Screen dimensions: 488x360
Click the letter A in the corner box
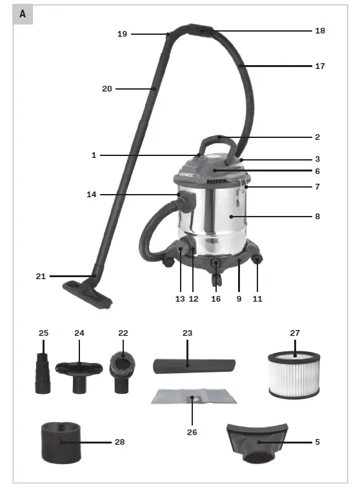coord(23,14)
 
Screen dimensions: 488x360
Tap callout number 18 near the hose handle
coord(320,30)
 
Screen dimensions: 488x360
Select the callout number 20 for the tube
coord(106,88)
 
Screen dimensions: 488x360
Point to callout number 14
coord(92,194)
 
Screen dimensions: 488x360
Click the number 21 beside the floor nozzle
coord(41,277)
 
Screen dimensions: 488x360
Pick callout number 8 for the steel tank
coord(317,217)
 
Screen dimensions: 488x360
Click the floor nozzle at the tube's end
coord(88,294)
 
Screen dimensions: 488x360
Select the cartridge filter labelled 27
coord(294,373)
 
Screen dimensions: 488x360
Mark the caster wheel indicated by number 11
coord(257,261)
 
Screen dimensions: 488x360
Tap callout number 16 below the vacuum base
coord(216,298)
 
